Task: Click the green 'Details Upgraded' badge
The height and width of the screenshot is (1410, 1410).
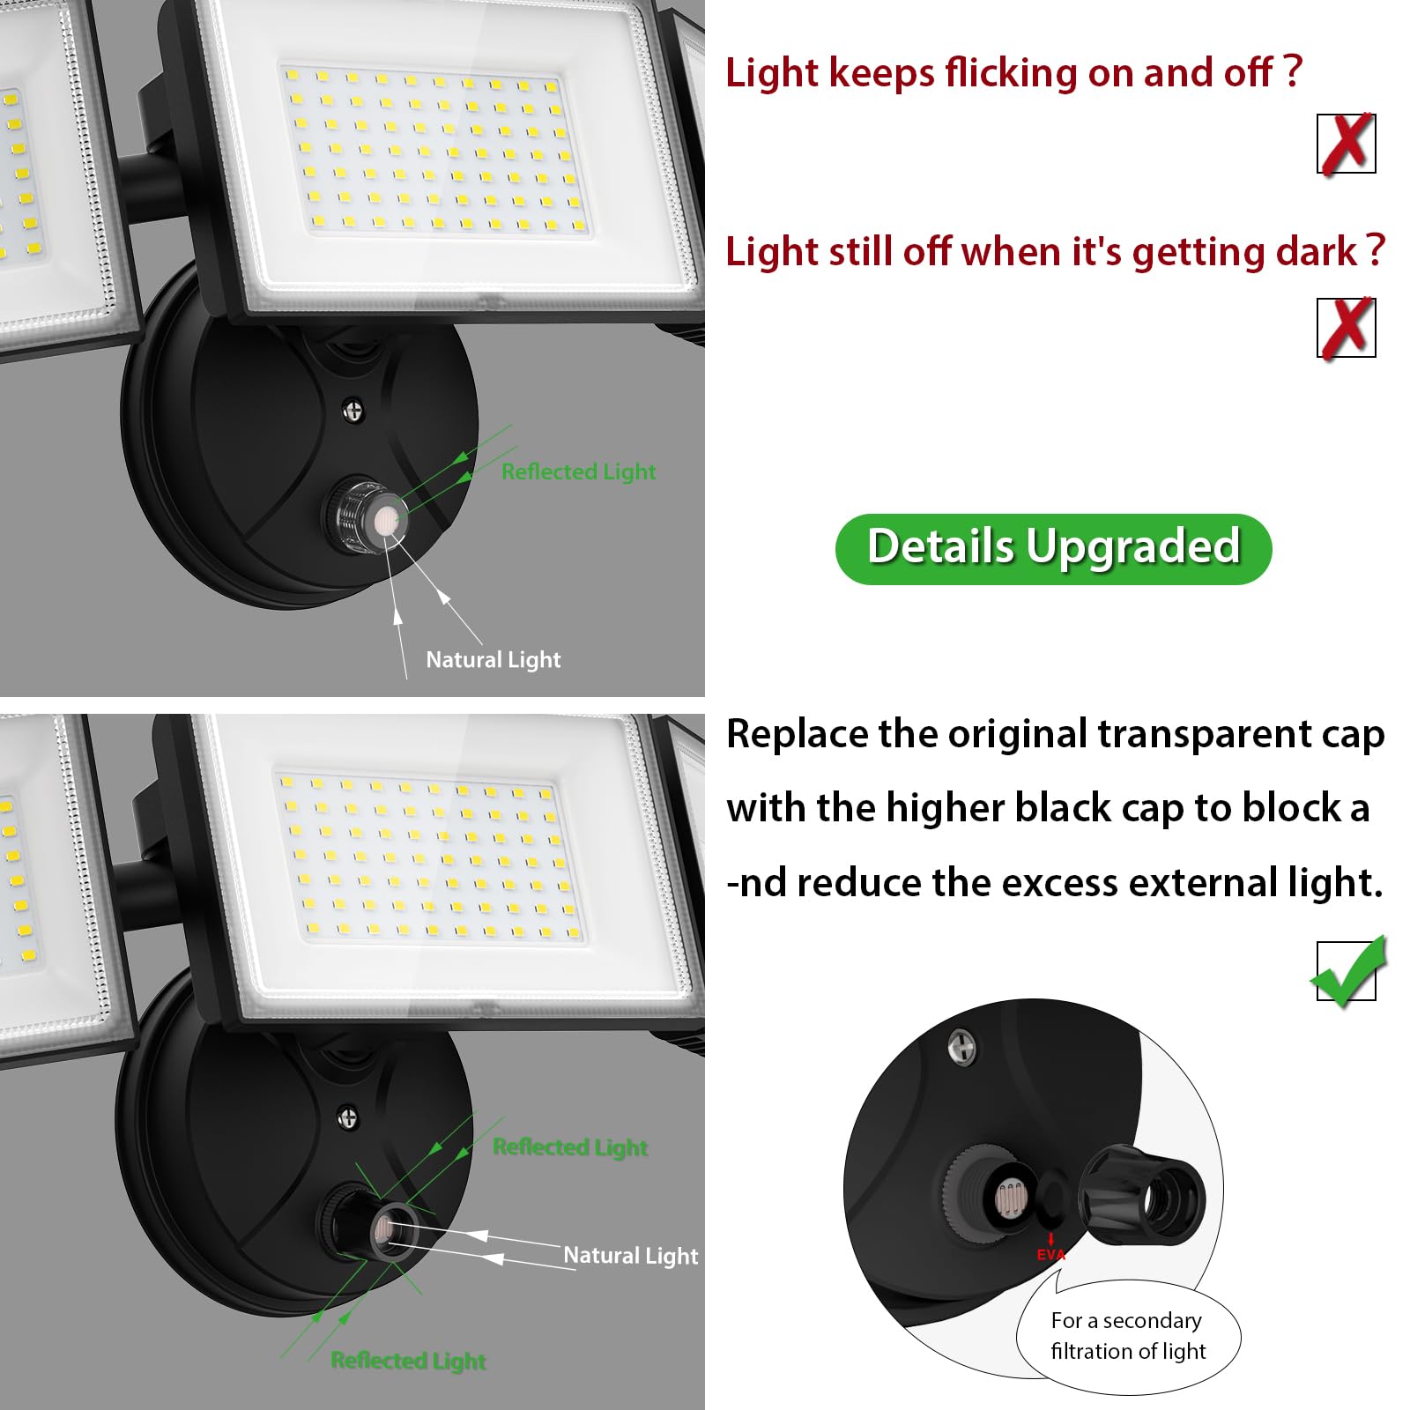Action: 1053,548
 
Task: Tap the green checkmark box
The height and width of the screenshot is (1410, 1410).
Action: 1347,972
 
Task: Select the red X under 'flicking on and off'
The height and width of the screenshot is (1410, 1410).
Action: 1346,143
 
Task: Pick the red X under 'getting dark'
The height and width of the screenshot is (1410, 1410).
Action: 1346,327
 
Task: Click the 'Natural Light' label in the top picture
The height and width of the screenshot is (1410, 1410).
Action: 493,659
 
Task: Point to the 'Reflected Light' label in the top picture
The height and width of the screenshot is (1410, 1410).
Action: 578,471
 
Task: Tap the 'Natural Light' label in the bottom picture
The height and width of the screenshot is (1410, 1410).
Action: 630,1255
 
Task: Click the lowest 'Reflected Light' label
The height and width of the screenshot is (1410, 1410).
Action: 408,1361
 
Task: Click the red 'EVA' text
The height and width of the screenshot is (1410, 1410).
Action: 1050,1255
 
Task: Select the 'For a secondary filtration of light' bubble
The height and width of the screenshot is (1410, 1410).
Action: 1128,1336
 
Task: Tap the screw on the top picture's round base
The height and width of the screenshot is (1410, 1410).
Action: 353,410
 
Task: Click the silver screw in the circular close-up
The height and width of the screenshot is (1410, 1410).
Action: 962,1047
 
